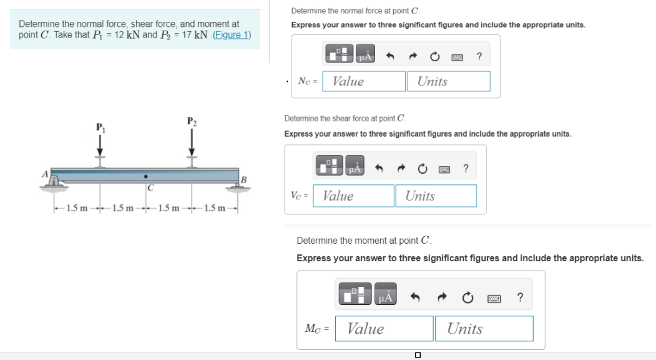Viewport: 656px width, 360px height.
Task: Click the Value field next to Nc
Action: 364,81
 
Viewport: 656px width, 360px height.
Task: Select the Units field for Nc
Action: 448,81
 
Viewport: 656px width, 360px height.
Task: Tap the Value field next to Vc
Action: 353,196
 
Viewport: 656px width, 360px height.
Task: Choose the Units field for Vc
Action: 436,196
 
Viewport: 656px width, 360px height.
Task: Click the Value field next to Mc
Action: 384,329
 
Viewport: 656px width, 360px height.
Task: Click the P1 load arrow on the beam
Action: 99,146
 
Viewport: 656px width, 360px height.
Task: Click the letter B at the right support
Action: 244,181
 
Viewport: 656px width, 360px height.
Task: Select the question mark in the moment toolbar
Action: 520,297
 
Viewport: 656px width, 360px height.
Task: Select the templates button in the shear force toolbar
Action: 329,167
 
